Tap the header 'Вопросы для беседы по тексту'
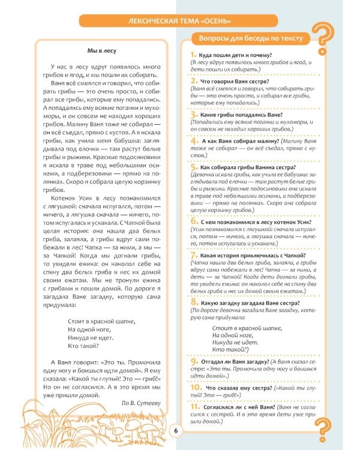[247, 39]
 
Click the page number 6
[176, 430]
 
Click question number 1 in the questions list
[186, 55]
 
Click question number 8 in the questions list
[186, 303]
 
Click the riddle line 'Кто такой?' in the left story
[83, 347]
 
